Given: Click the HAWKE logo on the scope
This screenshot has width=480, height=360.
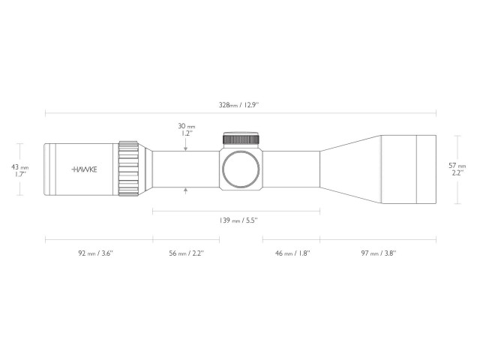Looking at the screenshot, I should coord(84,169).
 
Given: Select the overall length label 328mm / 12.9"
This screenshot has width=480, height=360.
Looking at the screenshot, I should coord(239,105).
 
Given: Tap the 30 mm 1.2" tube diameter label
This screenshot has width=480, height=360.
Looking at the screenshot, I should coord(186,130).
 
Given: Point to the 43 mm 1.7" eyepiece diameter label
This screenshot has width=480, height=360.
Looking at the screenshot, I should coord(21,170).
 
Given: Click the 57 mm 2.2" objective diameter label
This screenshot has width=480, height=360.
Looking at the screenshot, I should coord(457,169).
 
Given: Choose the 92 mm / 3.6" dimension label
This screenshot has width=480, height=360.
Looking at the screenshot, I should coord(95,253).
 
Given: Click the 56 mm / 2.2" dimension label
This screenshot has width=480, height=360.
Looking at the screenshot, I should coord(186,253).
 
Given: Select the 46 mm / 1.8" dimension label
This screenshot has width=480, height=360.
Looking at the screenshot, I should coord(292,253).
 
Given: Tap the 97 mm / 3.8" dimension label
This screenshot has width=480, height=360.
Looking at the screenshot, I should coord(378,253).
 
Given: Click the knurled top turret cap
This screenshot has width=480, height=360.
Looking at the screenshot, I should coord(241,139).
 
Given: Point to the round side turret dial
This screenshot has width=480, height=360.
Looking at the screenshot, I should coord(241,169).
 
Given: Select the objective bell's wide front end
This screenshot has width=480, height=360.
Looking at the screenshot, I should coord(409,169).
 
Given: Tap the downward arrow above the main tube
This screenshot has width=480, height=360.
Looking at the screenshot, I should coord(186,147).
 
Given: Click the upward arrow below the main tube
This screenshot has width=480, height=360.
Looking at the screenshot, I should coord(186,192).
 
